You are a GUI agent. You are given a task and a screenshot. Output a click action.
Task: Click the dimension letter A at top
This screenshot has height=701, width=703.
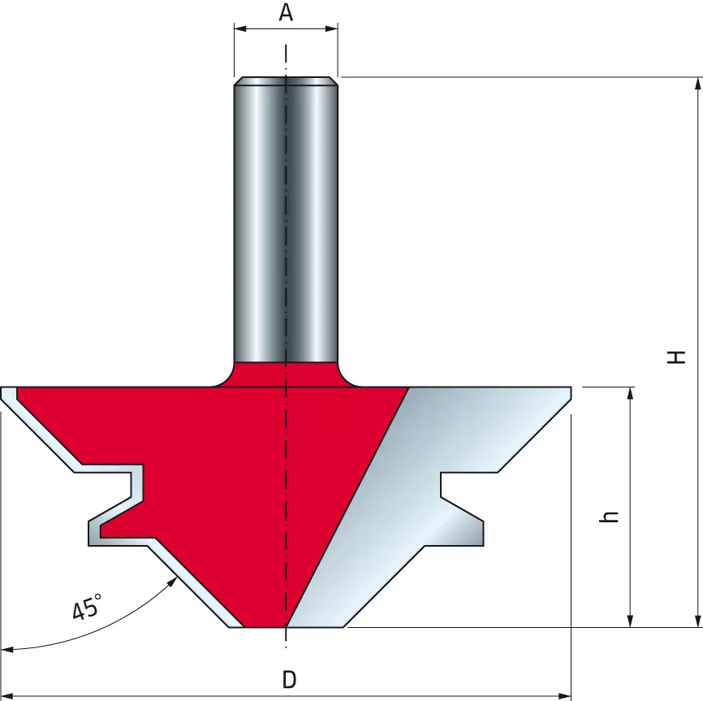click(286, 12)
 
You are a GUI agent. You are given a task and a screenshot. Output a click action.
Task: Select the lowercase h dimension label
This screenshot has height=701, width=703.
click(610, 516)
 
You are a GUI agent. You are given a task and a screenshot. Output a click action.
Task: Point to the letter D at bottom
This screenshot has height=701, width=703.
click(288, 680)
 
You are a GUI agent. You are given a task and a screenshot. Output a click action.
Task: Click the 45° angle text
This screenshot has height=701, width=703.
click(87, 607)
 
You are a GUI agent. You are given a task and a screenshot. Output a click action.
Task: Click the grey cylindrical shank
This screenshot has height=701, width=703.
click(286, 219)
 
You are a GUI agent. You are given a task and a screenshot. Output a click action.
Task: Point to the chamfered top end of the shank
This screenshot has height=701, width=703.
click(286, 80)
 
